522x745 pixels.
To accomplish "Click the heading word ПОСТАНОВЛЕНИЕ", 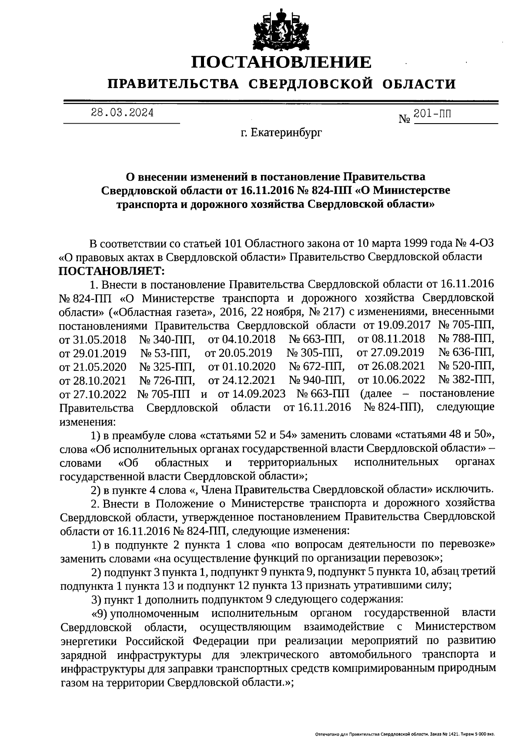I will point(282,62).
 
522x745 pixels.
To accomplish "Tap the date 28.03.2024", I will point(122,113).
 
